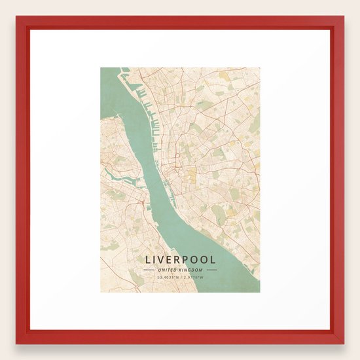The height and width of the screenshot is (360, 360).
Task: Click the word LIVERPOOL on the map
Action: click(180, 260)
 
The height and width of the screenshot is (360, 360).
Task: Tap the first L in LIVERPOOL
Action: click(147, 260)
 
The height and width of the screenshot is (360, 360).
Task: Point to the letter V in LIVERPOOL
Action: click(162, 260)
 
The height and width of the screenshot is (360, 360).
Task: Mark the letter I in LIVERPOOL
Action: click(154, 260)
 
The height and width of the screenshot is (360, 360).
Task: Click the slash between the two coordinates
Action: click(181, 278)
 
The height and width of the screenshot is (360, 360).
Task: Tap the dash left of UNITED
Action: click(149, 270)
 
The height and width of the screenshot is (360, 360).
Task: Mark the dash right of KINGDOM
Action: click(211, 270)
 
